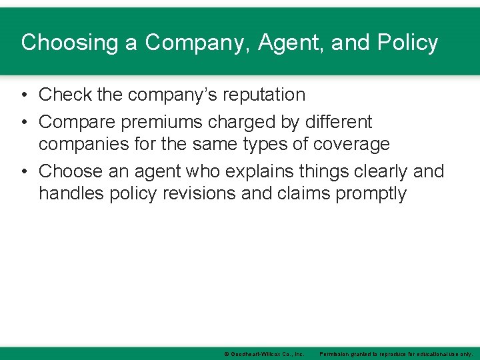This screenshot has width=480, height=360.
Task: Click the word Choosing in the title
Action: (x=61, y=43)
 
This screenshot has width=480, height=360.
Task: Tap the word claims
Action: (x=291, y=193)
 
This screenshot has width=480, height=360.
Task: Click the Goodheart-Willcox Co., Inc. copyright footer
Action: (x=264, y=354)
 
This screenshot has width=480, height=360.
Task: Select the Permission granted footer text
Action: (x=396, y=354)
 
